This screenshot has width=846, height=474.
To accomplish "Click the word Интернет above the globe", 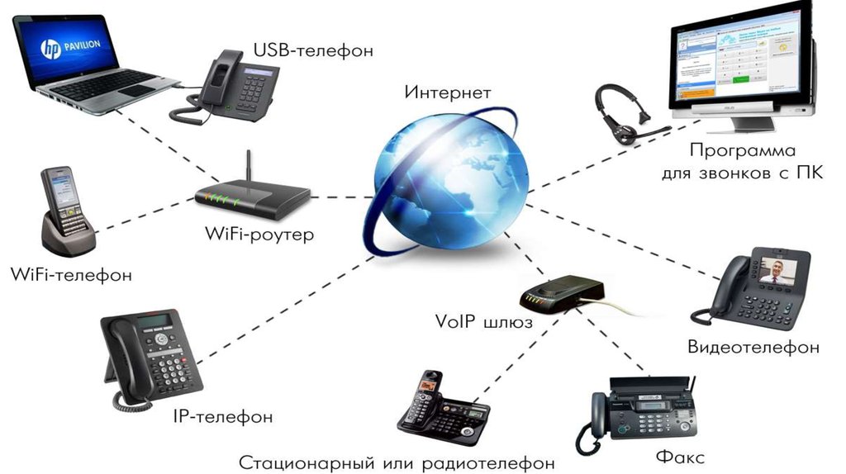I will point(447,92).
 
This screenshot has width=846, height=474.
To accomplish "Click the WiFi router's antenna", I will point(247,169).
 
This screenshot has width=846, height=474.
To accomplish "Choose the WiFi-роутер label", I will point(259,235).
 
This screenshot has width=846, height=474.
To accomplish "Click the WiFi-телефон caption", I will point(71,275).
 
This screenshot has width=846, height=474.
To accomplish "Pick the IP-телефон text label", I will point(223,416).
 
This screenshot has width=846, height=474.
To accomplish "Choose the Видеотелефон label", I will point(753,347).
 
